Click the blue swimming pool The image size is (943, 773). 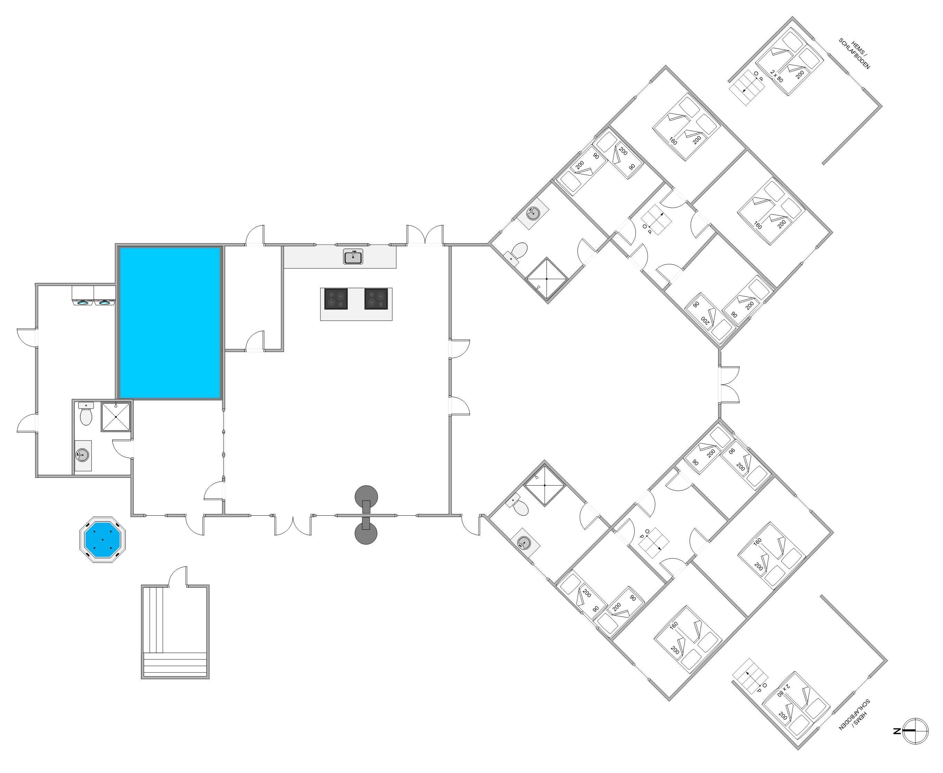click(170, 322)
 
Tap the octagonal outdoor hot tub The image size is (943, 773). click(103, 539)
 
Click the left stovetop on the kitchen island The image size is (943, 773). click(336, 299)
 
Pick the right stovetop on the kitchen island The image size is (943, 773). click(376, 299)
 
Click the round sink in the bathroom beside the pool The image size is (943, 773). click(82, 455)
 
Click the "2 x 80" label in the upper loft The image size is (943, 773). click(776, 76)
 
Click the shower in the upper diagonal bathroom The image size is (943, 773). click(547, 279)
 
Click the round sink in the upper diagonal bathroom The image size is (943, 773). click(533, 213)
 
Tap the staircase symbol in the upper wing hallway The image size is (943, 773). click(655, 221)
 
